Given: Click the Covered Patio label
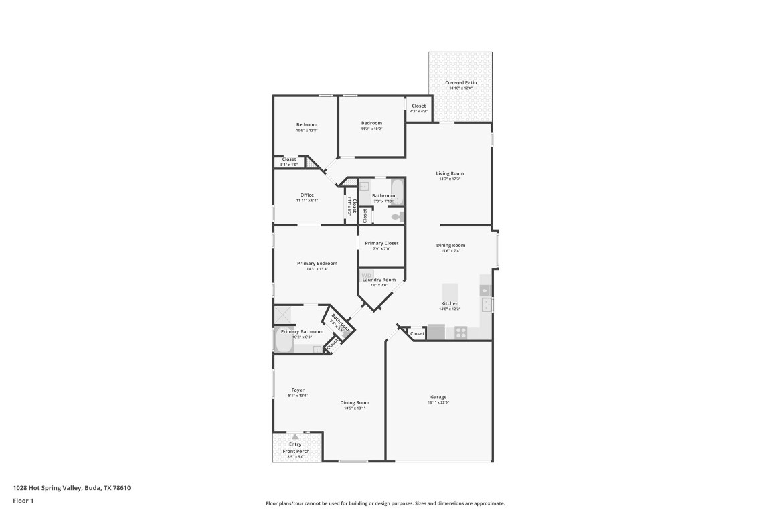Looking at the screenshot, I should (460, 82).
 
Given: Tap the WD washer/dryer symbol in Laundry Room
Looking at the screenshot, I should (367, 275).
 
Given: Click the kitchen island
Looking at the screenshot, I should (450, 292).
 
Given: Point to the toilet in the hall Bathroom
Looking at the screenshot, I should (397, 216).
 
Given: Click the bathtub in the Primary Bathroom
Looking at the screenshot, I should (282, 341).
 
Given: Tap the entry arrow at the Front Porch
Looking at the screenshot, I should (294, 436).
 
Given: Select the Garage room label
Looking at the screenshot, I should (438, 397).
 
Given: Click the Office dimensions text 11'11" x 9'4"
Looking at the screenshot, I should (307, 201).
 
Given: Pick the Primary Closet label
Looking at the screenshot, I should (381, 243).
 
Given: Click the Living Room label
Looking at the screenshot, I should (450, 173).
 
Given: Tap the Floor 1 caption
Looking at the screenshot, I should (23, 501).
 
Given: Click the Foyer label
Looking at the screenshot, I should (298, 390).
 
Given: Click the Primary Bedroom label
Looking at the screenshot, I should (317, 263).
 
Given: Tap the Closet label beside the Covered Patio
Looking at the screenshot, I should (418, 106).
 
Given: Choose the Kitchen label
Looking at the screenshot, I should (449, 303).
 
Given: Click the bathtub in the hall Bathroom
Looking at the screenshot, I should (398, 192).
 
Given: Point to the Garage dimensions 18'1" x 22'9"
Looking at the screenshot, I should (438, 403).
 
